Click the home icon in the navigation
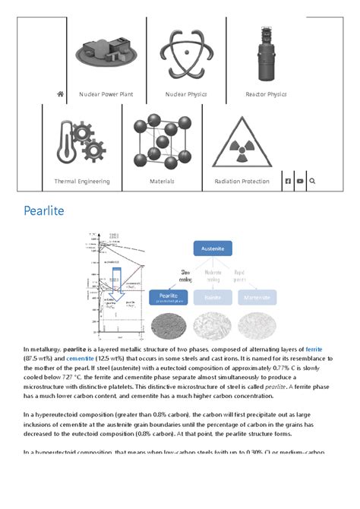pyautogui.click(x=60, y=94)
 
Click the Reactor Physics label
pyautogui.click(x=266, y=94)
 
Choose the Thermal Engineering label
pyautogui.click(x=82, y=182)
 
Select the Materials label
pyautogui.click(x=162, y=182)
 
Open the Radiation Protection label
pyautogui.click(x=242, y=182)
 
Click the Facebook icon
pyautogui.click(x=288, y=182)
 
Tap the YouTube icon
pyautogui.click(x=300, y=182)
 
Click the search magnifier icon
pyautogui.click(x=312, y=182)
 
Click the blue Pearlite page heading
pyautogui.click(x=44, y=210)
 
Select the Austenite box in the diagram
pyautogui.click(x=212, y=248)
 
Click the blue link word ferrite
pyautogui.click(x=314, y=349)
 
